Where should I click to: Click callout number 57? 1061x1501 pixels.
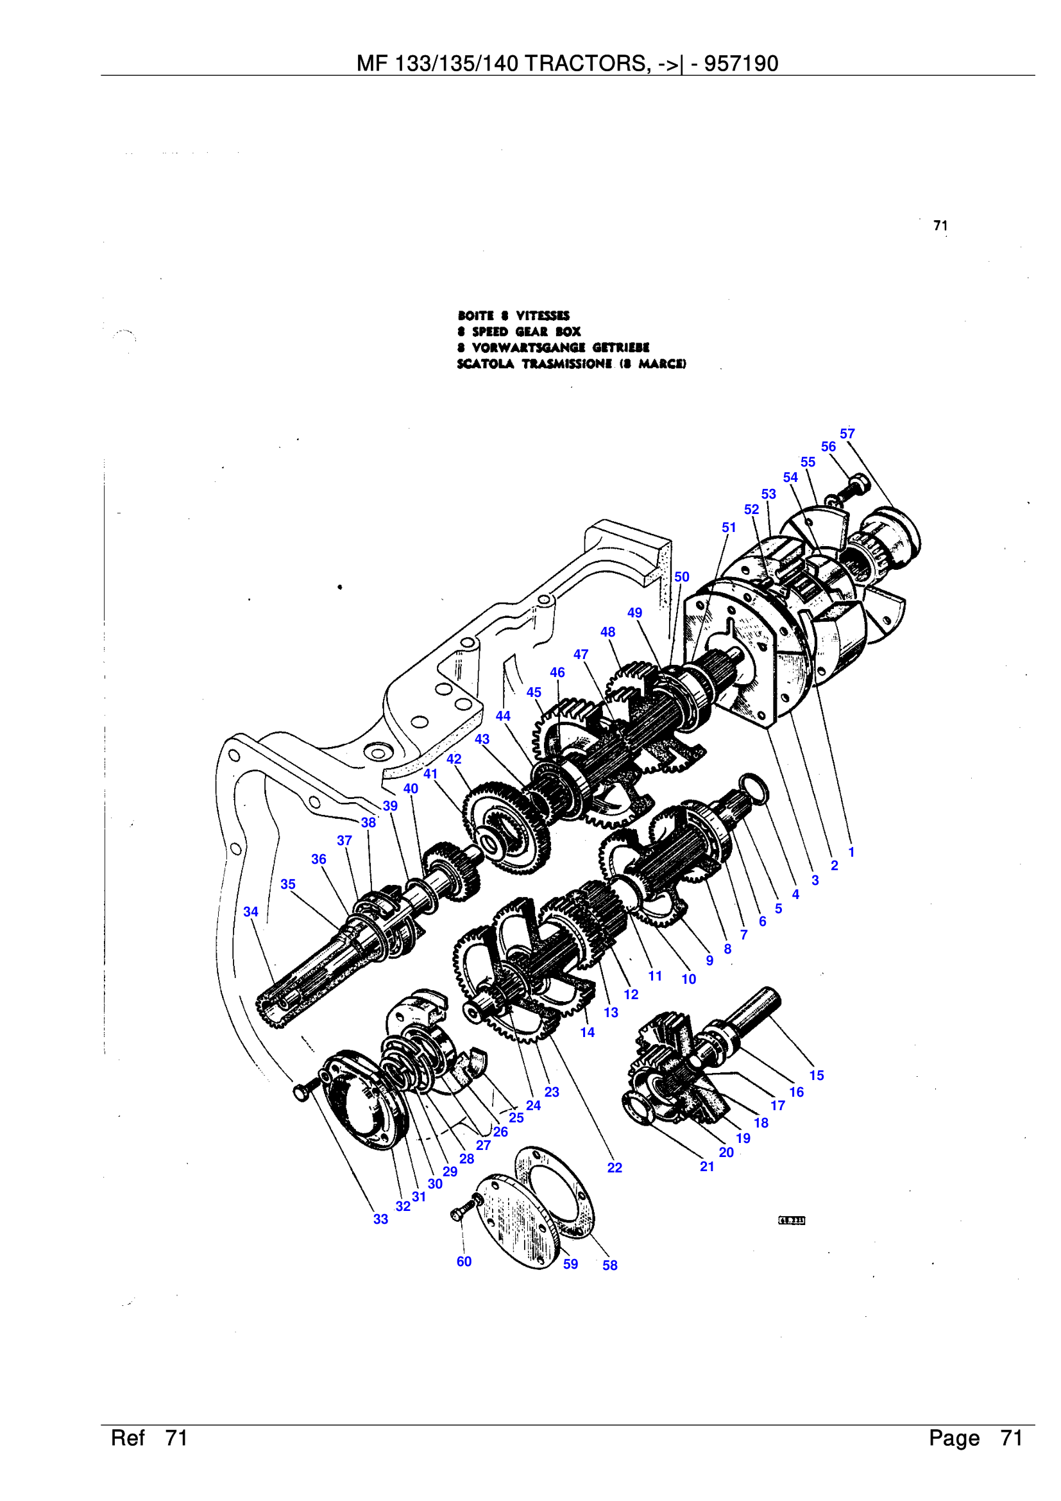point(847,433)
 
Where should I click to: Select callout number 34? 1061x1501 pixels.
point(251,911)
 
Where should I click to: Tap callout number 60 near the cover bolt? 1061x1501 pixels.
point(464,1261)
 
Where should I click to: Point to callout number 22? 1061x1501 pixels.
point(614,1167)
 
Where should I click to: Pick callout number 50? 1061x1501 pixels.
point(681,577)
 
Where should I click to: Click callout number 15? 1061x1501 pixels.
point(816,1075)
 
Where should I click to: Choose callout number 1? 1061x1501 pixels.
point(851,852)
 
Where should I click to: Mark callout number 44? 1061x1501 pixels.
point(502,716)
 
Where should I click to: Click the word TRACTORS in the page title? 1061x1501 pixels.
point(587,64)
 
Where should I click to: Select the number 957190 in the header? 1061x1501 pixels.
point(741,64)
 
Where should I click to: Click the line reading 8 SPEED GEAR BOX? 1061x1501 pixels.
point(520,331)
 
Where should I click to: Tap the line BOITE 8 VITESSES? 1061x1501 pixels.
point(514,315)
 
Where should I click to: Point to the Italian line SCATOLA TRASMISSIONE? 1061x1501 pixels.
point(571,363)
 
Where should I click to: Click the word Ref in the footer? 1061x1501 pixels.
point(128,1437)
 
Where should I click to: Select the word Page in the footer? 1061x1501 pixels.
point(954,1437)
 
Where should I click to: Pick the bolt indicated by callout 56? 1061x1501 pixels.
point(853,486)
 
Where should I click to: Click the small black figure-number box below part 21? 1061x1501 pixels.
point(792,1221)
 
